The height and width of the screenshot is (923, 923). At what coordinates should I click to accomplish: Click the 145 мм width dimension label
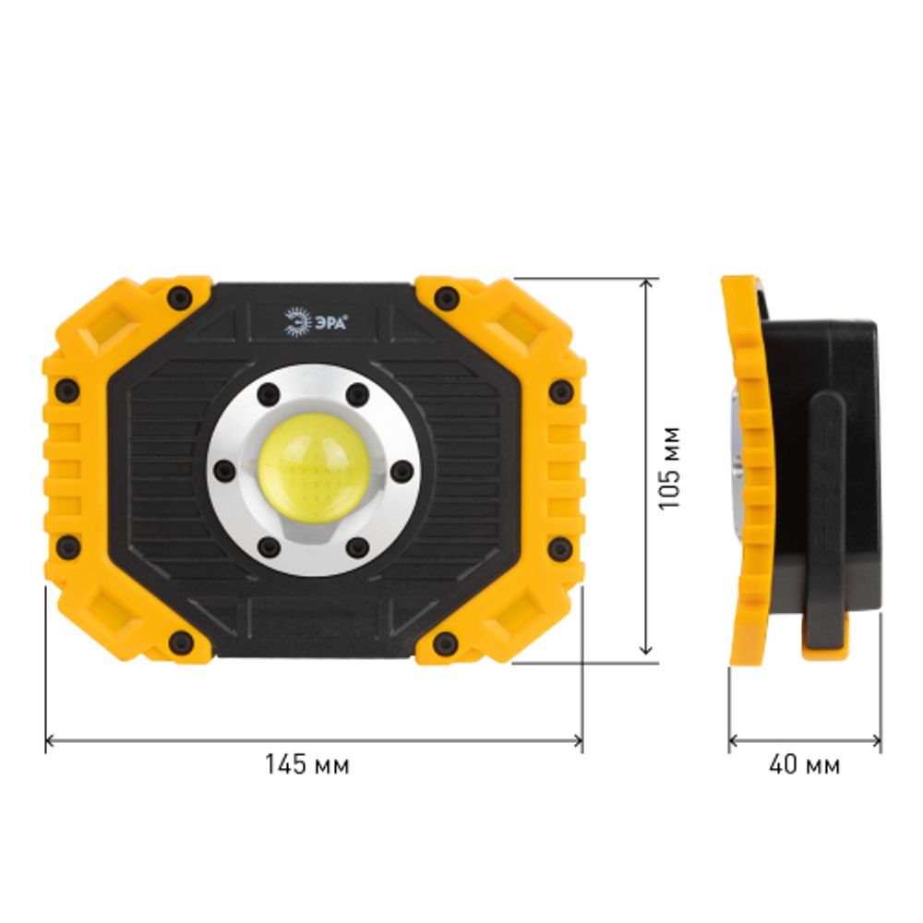pyautogui.click(x=306, y=764)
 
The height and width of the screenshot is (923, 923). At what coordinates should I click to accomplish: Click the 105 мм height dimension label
pyautogui.click(x=669, y=468)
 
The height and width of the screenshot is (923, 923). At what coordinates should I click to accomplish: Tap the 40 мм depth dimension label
pyautogui.click(x=804, y=764)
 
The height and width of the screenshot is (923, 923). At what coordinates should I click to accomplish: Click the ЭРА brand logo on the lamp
pyautogui.click(x=316, y=322)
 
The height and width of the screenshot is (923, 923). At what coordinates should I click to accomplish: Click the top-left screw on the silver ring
pyautogui.click(x=269, y=394)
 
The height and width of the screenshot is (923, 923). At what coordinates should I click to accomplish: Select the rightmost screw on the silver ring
pyautogui.click(x=402, y=470)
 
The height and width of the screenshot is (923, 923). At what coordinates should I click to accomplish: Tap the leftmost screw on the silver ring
pyautogui.click(x=224, y=470)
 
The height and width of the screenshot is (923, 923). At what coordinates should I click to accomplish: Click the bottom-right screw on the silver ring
pyautogui.click(x=357, y=547)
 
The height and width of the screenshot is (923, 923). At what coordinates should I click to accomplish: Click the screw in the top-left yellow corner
pyautogui.click(x=180, y=296)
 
